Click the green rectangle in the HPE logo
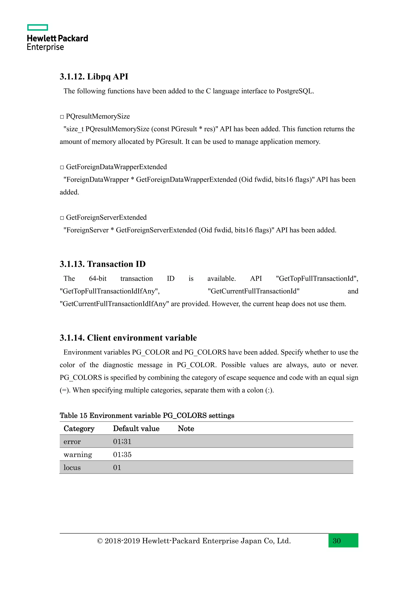click(x=38, y=28)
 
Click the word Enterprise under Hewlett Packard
click(x=45, y=47)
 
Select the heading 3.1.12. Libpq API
click(x=94, y=77)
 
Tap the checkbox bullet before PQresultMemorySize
click(x=62, y=117)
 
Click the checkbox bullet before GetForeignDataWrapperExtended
click(x=62, y=167)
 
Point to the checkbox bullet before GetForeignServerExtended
click(x=62, y=218)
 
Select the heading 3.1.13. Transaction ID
click(x=102, y=264)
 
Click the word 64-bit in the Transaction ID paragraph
click(x=98, y=279)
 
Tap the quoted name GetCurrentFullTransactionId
click(x=253, y=291)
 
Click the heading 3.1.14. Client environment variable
click(x=128, y=338)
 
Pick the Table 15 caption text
click(x=147, y=415)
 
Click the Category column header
click(x=79, y=429)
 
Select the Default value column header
click(x=136, y=429)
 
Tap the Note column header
click(x=186, y=429)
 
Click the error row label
click(x=72, y=442)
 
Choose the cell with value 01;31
click(x=122, y=442)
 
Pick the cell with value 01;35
click(x=122, y=454)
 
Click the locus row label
click(x=72, y=468)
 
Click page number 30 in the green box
click(x=337, y=541)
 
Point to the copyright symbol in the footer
click(x=100, y=541)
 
